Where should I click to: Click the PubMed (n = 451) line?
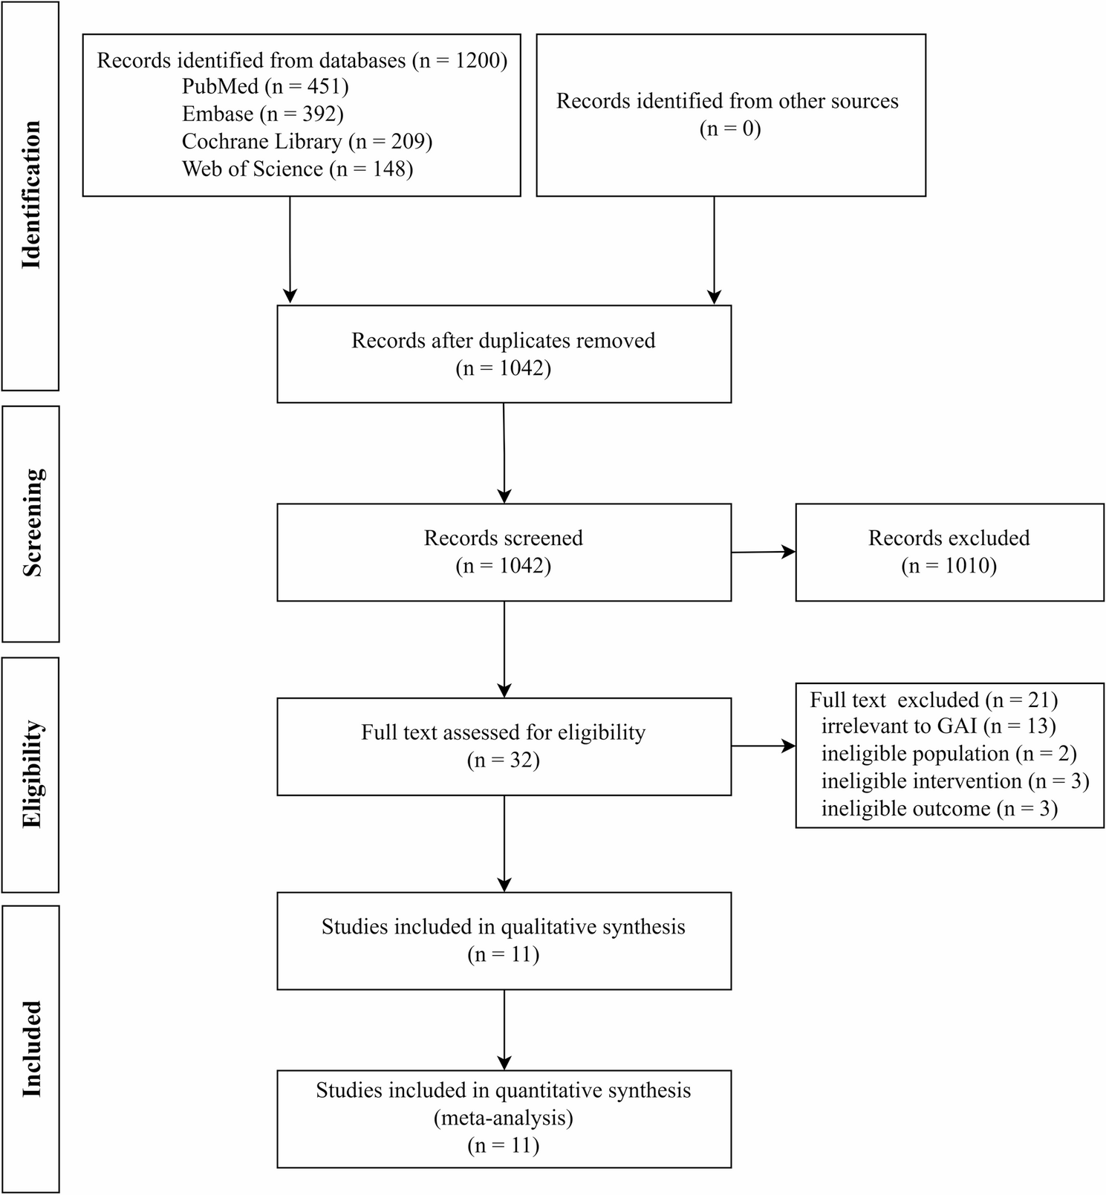click(x=265, y=87)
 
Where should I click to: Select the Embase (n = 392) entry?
click(x=263, y=114)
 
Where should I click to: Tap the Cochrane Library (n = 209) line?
click(x=307, y=142)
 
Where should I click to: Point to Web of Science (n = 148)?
click(x=297, y=169)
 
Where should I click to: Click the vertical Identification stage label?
click(x=31, y=195)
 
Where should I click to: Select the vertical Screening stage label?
click(x=32, y=523)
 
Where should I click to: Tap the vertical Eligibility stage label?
click(x=32, y=775)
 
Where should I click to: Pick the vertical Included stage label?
click(x=31, y=1049)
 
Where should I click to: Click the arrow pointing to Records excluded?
click(x=764, y=552)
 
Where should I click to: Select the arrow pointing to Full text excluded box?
click(x=764, y=746)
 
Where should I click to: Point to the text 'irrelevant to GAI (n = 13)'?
click(x=938, y=726)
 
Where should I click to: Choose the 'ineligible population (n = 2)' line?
click(x=949, y=754)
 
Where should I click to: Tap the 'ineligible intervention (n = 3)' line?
click(x=955, y=781)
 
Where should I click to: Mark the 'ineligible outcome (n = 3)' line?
click(x=939, y=809)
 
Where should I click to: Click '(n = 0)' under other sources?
click(x=730, y=129)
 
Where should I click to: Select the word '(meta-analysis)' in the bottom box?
click(x=504, y=1118)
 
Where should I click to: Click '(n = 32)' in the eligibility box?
click(x=504, y=761)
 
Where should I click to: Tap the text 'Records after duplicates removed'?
click(x=504, y=341)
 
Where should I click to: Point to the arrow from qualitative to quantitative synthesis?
click(x=504, y=1029)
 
